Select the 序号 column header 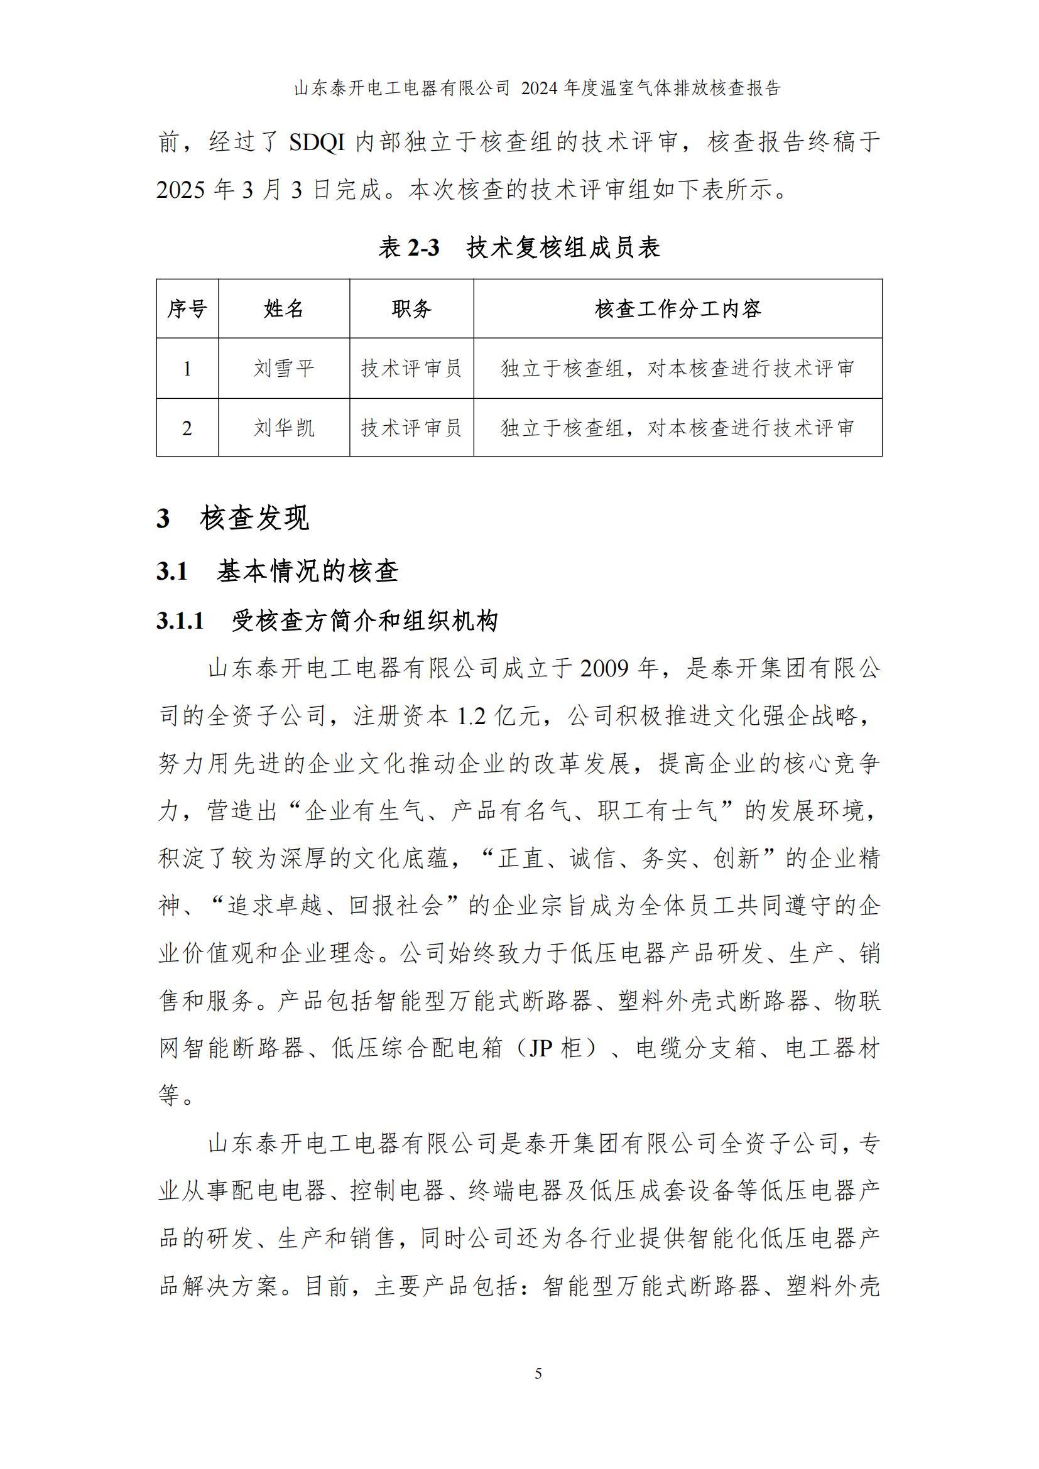(x=187, y=309)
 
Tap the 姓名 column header (x=283, y=309)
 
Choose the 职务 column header (x=411, y=309)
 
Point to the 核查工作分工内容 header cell (x=678, y=309)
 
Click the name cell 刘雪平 (x=283, y=369)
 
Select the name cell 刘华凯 (x=283, y=428)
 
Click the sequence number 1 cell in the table (x=187, y=369)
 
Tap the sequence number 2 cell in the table (x=187, y=428)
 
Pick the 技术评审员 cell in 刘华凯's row (x=411, y=428)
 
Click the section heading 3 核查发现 (x=233, y=518)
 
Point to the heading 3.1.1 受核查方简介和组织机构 (x=327, y=621)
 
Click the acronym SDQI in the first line (x=317, y=143)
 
